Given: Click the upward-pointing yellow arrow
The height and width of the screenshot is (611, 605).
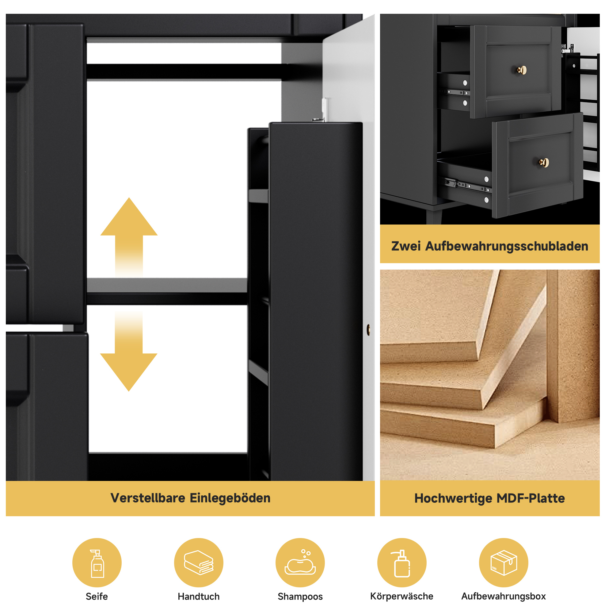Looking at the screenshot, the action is click(x=129, y=237).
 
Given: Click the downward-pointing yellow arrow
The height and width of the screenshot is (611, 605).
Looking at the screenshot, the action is click(x=129, y=351).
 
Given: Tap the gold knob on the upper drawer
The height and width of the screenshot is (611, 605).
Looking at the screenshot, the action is click(x=522, y=70).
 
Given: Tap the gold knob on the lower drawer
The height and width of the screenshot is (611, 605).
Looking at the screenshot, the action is click(x=544, y=163).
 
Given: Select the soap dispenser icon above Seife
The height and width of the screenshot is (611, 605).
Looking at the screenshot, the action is click(x=97, y=564).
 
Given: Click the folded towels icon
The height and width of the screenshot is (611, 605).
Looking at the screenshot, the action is click(x=199, y=563).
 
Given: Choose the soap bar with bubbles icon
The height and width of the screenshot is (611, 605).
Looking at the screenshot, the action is click(x=300, y=563).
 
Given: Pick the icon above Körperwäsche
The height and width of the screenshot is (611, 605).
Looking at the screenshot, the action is click(x=401, y=563).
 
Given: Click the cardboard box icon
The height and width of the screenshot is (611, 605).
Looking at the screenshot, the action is click(x=504, y=563).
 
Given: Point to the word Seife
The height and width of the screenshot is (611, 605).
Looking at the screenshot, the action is click(x=97, y=597).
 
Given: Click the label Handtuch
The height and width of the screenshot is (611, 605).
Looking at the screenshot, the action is click(x=199, y=597).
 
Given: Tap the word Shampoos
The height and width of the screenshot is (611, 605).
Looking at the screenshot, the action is click(x=300, y=597).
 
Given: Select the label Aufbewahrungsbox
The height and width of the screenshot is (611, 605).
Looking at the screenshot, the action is click(x=504, y=597).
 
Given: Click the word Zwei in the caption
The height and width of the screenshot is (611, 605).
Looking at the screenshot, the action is click(x=406, y=246).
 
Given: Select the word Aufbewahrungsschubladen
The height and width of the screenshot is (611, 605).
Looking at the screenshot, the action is click(x=507, y=246).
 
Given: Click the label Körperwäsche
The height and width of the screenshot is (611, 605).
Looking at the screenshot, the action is click(x=401, y=597).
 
